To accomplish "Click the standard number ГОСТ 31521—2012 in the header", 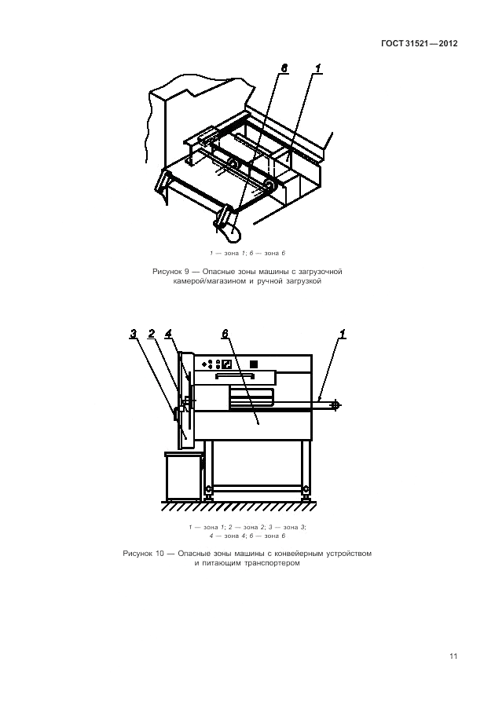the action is [x=419, y=43].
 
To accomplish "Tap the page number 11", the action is [x=453, y=657].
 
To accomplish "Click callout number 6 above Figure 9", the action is [x=284, y=68].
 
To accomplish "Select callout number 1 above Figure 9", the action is [x=318, y=68].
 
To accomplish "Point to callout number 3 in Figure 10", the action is [x=133, y=334].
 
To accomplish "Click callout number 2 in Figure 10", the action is [x=152, y=334].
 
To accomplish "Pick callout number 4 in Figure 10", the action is [x=168, y=334].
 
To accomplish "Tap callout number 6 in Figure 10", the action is [x=225, y=334].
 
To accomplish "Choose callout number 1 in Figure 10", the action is [x=343, y=334].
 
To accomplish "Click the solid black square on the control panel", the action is [x=254, y=364].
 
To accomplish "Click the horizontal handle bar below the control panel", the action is [x=235, y=376].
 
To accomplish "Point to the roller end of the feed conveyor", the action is [x=336, y=404].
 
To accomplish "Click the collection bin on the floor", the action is [x=184, y=476].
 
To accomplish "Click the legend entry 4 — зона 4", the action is [x=224, y=536].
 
